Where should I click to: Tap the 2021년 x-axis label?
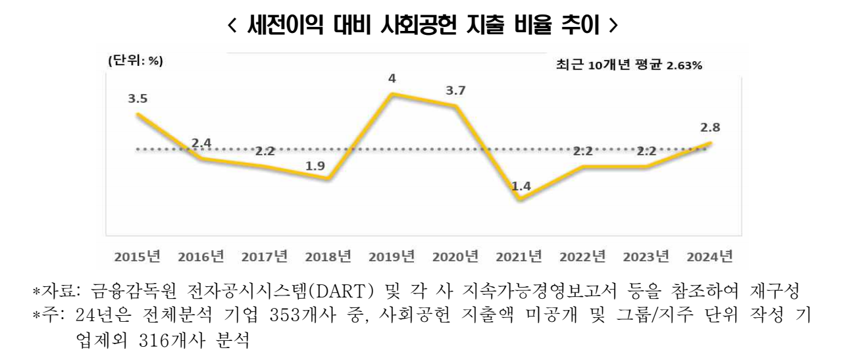pyautogui.click(x=520, y=255)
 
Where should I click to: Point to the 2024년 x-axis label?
pyautogui.click(x=711, y=255)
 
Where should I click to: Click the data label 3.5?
pyautogui.click(x=137, y=99)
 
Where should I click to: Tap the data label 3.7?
pyautogui.click(x=455, y=91)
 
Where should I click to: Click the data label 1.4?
pyautogui.click(x=521, y=186)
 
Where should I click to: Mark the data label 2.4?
pyautogui.click(x=201, y=143)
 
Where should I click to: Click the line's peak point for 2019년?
pyautogui.click(x=392, y=95)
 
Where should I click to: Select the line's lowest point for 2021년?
pyautogui.click(x=521, y=199)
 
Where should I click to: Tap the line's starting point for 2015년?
pyautogui.click(x=137, y=115)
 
